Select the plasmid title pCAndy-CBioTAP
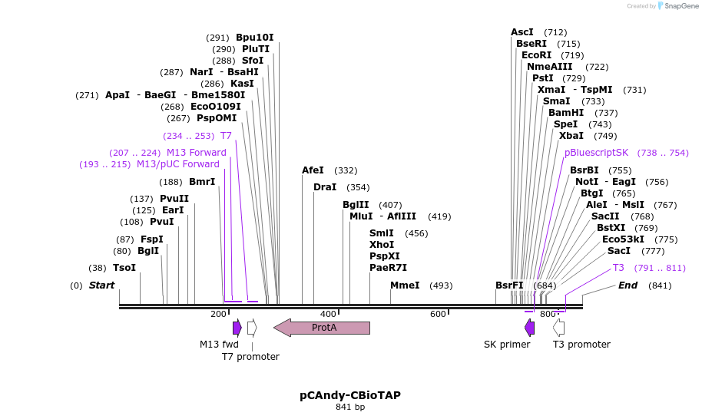(x=350, y=395)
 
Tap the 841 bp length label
(x=350, y=407)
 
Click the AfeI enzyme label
(x=313, y=170)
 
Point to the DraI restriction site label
(x=325, y=187)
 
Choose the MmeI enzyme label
(x=405, y=285)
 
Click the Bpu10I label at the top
(x=254, y=38)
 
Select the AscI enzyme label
(x=522, y=32)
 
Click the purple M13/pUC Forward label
(x=177, y=164)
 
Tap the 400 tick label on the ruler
(x=328, y=314)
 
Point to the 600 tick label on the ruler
(x=438, y=314)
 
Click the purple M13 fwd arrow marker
(x=237, y=328)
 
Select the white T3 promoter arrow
(x=559, y=328)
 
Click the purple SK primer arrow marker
(x=529, y=328)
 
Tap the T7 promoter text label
(x=250, y=356)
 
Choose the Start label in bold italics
(x=101, y=285)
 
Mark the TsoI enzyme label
(x=124, y=268)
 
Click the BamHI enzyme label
(x=566, y=113)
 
